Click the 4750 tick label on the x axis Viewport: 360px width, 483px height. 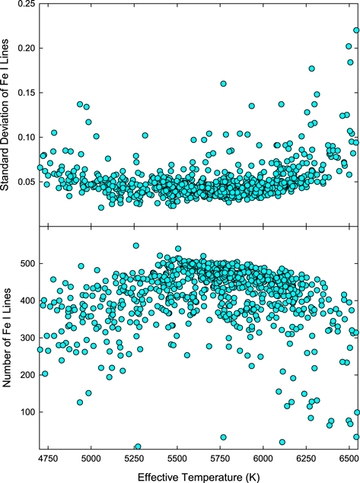(x=48, y=460)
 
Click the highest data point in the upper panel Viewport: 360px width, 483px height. (x=356, y=31)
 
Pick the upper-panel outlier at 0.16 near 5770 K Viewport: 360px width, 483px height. (x=223, y=84)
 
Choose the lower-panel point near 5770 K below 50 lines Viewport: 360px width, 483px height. (x=223, y=437)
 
